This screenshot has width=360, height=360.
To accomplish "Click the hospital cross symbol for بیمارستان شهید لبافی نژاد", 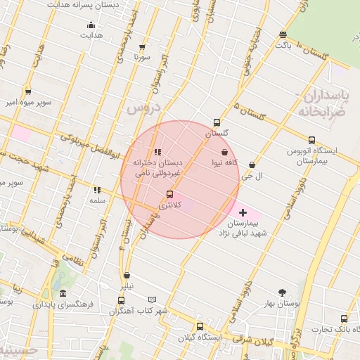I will tap(243, 212).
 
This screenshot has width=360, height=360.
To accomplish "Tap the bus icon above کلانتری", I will tap(169, 194).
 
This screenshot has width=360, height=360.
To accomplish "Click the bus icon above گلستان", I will tap(217, 122).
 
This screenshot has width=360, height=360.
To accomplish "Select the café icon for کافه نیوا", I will tap(224, 151).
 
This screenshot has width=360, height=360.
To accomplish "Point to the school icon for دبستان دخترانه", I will tap(157, 151).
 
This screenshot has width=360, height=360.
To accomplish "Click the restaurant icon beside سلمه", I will tap(96, 190).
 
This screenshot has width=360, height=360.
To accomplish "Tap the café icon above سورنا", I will tap(143, 46).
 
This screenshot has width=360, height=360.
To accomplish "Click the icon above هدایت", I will tap(91, 25).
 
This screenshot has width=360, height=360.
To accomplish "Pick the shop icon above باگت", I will tap(283, 34).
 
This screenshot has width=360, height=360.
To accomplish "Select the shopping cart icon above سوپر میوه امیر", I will tap(27, 91).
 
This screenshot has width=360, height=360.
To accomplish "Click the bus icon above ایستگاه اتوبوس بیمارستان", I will tap(311, 139).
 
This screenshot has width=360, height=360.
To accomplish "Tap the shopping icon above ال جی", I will tap(251, 165).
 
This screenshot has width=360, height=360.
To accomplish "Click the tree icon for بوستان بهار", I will tap(283, 292).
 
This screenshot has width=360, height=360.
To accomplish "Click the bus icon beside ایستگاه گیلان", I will tap(200, 326).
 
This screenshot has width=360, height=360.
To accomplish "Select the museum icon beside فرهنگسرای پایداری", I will tap(63, 294).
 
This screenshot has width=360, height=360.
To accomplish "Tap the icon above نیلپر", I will tap(127, 276).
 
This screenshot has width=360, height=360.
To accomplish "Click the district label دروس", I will tap(145, 109).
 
